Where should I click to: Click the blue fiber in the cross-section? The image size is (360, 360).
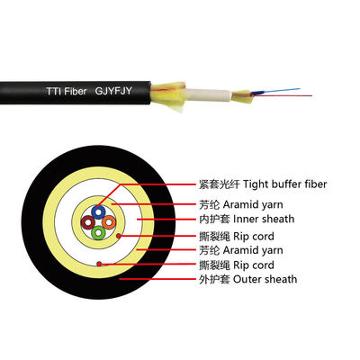tap(98, 211)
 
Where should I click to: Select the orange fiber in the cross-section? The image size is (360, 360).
tap(108, 221)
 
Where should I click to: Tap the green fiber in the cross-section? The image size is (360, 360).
tap(98, 232)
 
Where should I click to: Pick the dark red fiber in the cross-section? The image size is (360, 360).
tap(87, 221)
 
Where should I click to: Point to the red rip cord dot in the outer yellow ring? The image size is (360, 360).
tap(99, 264)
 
